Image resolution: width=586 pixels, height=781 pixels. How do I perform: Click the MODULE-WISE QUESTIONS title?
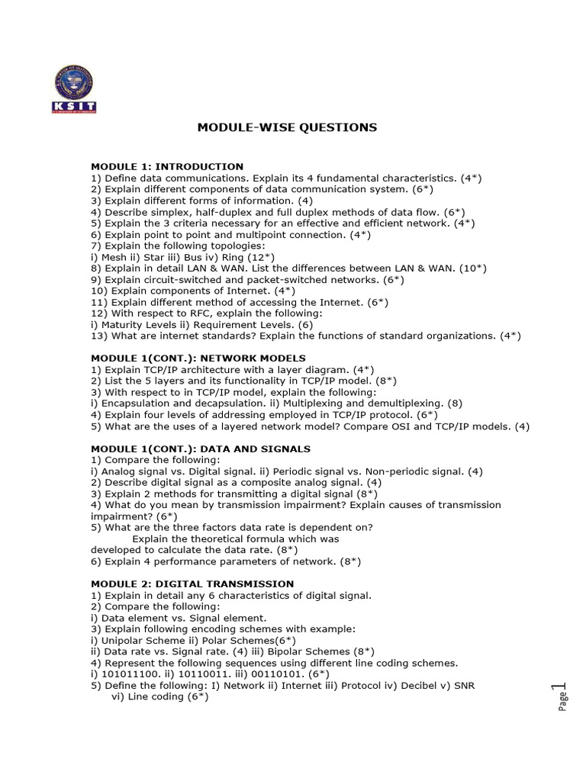[x=287, y=127]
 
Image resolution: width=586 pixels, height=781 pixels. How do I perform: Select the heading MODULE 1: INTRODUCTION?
[x=167, y=166]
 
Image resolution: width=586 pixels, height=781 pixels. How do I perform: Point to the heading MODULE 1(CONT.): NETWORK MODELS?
[x=198, y=358]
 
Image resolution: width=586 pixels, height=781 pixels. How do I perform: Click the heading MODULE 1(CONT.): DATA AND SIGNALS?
[x=201, y=449]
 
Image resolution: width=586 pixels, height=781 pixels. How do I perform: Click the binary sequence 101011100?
[x=126, y=674]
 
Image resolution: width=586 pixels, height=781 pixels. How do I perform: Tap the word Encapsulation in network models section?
[x=134, y=403]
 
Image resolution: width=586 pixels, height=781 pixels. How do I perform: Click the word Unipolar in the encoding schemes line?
[x=124, y=641]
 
